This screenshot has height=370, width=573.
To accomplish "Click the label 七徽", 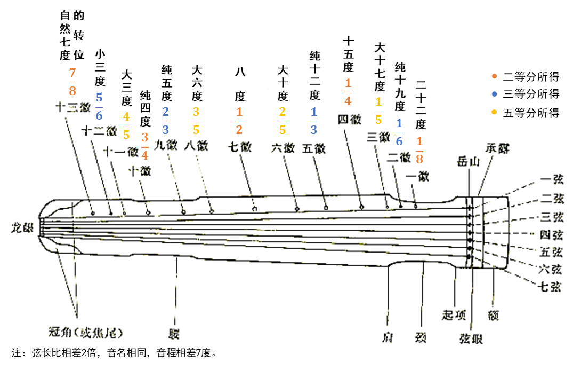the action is tap(240, 147).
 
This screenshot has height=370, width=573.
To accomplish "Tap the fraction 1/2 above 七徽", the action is tap(239, 121).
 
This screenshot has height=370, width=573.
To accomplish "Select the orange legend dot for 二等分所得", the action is tap(494, 76).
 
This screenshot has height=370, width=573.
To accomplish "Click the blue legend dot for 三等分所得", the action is tap(494, 95).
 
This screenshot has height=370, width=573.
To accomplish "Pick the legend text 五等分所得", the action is tap(531, 113).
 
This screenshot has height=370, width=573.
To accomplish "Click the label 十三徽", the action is tap(72, 107).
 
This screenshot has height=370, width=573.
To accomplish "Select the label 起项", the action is tap(454, 314).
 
